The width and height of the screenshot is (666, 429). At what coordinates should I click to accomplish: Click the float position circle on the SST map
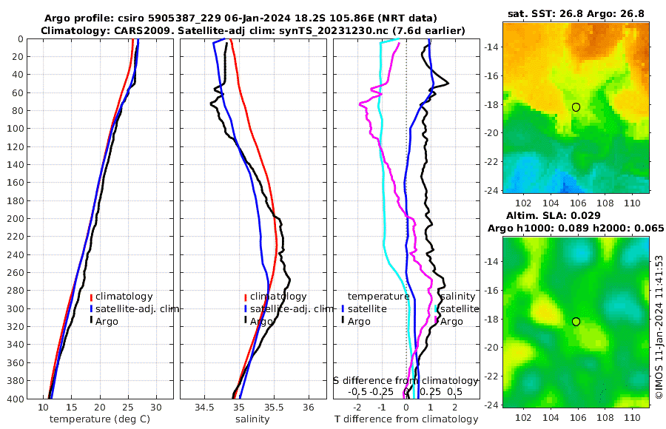[x=576, y=107]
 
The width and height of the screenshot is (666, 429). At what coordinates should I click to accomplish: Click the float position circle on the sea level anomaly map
[x=576, y=322]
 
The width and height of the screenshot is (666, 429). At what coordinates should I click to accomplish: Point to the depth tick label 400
[x=16, y=399]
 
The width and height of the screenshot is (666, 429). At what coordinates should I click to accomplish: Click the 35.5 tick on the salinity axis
[x=274, y=408]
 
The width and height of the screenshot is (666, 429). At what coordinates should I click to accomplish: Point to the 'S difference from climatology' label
[x=406, y=380]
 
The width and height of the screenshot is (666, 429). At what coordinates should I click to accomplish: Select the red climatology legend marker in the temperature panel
[x=92, y=297]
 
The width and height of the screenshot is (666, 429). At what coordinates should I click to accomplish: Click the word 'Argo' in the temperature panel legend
[x=107, y=321]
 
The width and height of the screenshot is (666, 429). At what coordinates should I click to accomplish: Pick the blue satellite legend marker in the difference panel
[x=343, y=308]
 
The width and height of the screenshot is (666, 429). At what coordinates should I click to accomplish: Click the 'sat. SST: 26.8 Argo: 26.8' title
[x=576, y=13]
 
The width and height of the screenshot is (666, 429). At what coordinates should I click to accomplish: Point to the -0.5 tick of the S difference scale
[x=357, y=391]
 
